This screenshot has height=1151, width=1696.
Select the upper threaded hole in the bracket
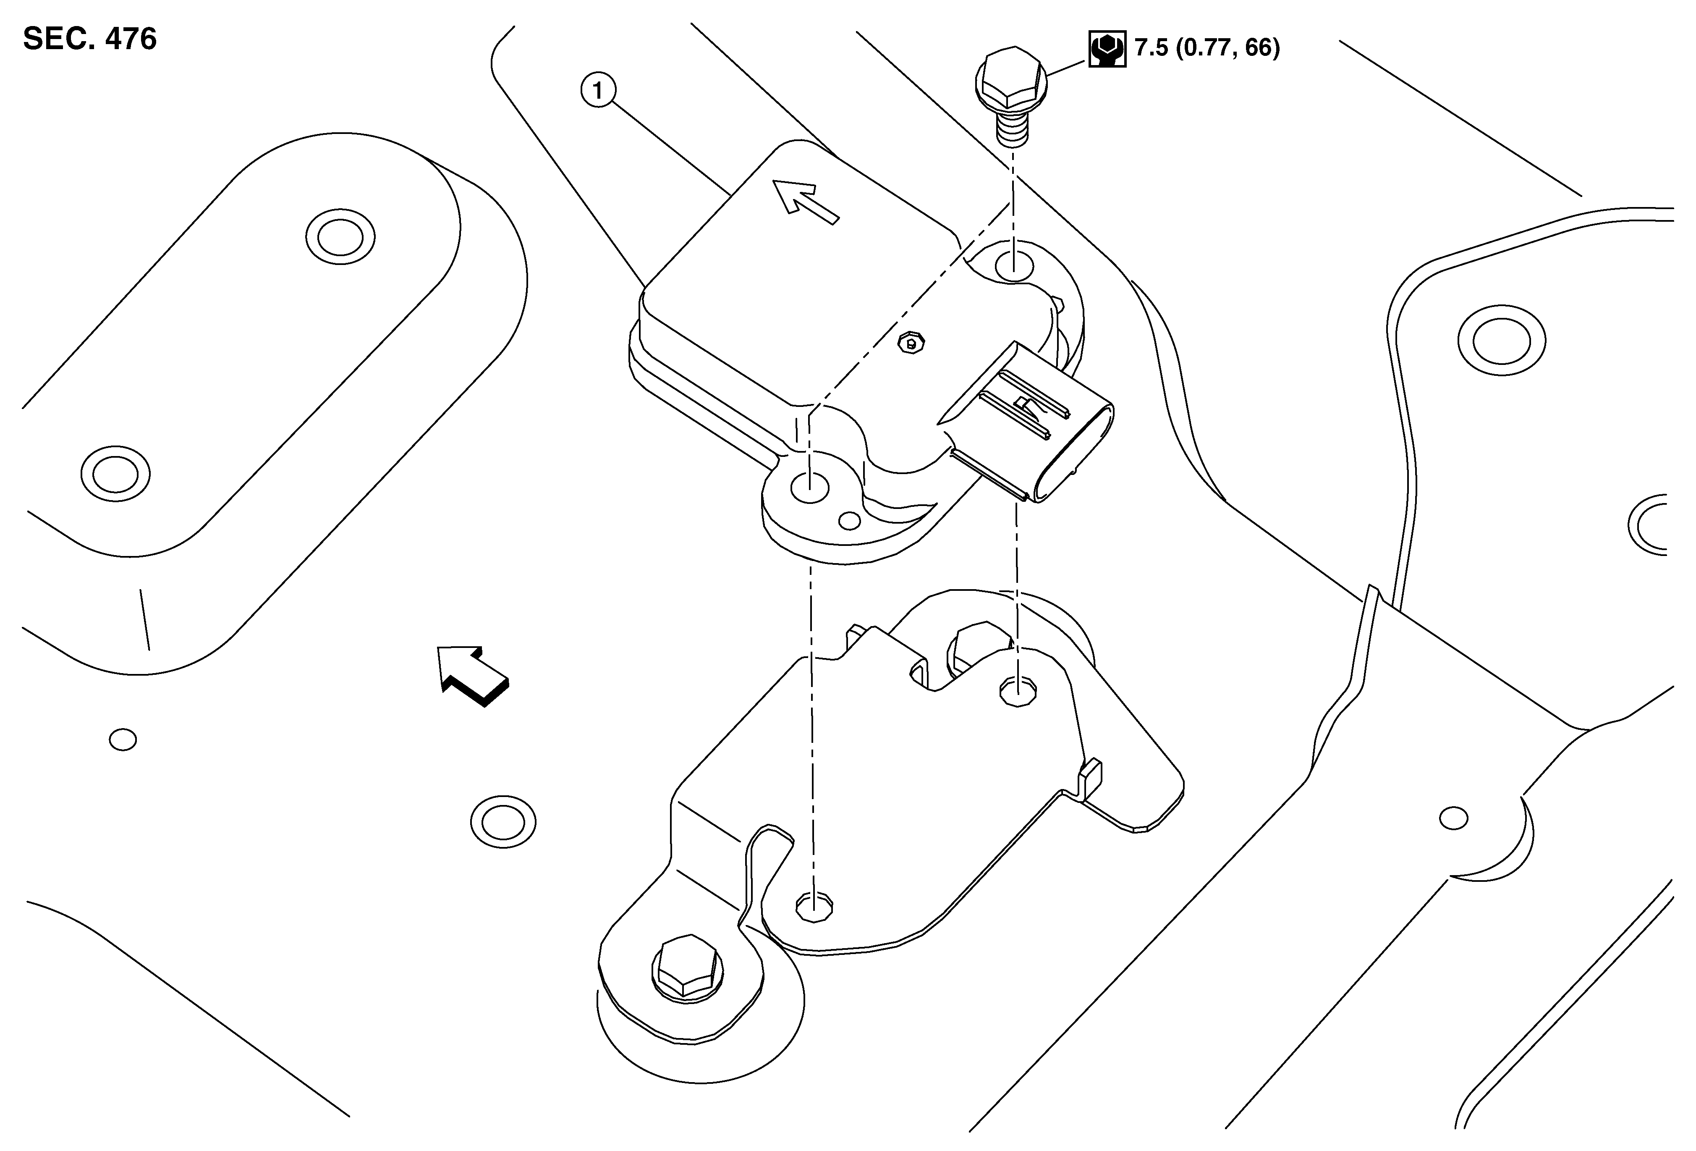(1017, 690)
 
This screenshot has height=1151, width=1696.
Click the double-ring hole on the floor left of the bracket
(503, 822)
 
